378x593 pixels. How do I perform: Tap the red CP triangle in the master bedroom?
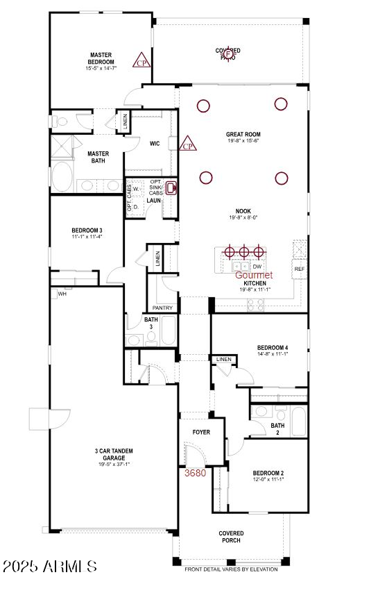[x=142, y=60]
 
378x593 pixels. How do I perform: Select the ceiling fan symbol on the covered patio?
[x=228, y=54]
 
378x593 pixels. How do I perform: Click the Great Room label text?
[x=242, y=135]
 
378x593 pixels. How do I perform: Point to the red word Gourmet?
[x=254, y=275]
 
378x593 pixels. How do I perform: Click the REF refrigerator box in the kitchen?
[x=300, y=269]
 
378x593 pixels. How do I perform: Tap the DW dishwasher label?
[x=257, y=266]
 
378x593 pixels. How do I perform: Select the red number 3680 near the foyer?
[x=195, y=473]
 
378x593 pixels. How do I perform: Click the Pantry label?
[x=162, y=307]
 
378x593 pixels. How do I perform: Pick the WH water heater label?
[x=62, y=294]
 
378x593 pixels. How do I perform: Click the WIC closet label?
[x=155, y=144]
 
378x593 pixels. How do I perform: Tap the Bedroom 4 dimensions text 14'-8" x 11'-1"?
[x=272, y=353]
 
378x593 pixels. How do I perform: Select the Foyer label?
[x=201, y=432]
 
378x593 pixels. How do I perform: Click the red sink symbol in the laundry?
[x=171, y=187]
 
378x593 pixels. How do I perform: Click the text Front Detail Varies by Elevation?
[x=230, y=569]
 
